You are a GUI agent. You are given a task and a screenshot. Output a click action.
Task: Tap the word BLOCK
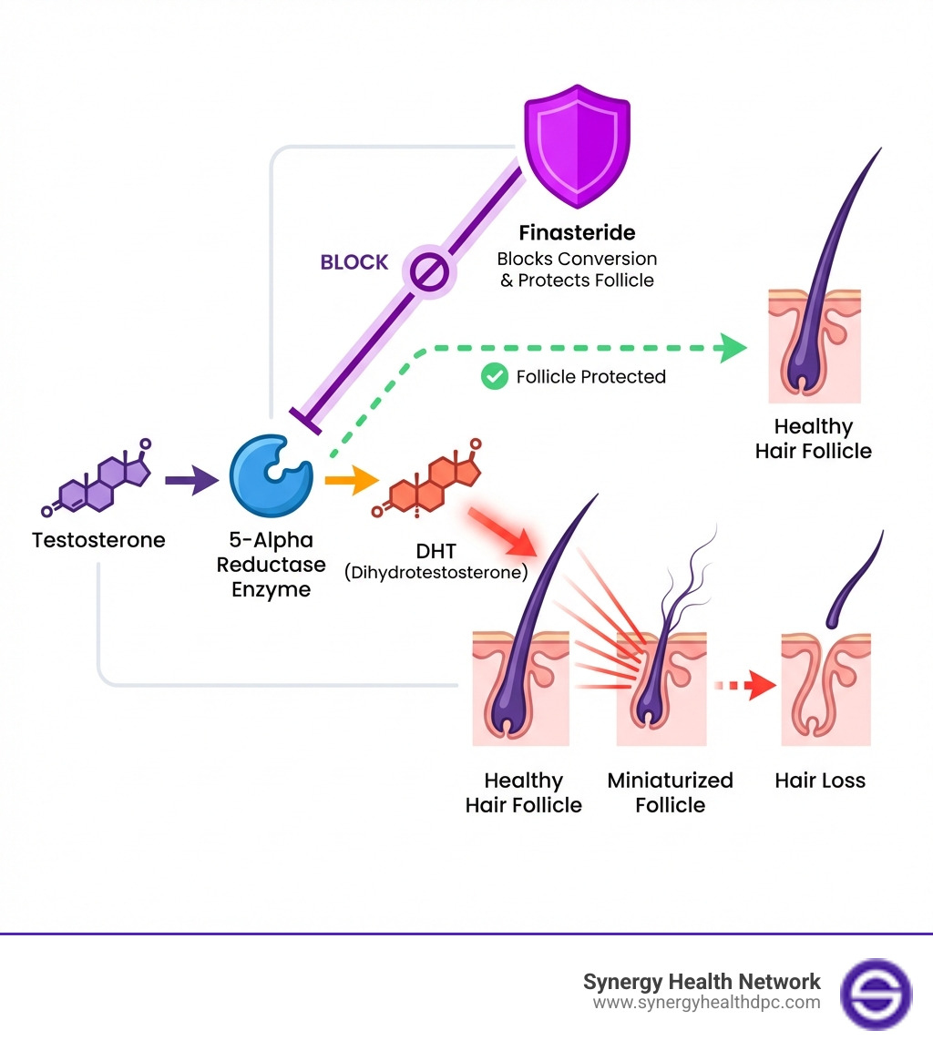click(354, 262)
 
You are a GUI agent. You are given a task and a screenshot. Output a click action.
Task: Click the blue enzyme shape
click(271, 474)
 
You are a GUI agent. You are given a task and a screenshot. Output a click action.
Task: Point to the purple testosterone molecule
click(97, 480)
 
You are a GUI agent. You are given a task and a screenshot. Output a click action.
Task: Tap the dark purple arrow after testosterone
click(191, 479)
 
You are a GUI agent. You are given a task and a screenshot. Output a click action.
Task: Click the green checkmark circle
click(494, 376)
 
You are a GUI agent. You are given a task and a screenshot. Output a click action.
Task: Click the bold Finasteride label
click(577, 233)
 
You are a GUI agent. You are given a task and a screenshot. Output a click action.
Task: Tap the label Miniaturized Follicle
click(670, 792)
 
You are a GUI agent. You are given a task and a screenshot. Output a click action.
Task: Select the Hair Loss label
click(820, 781)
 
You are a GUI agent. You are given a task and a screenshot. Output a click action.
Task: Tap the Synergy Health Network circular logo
click(875, 994)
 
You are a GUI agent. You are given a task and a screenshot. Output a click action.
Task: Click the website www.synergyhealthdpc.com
click(706, 1003)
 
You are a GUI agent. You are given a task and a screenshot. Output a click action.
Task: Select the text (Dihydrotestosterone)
click(436, 573)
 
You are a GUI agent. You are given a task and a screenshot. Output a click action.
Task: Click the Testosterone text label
click(98, 540)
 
